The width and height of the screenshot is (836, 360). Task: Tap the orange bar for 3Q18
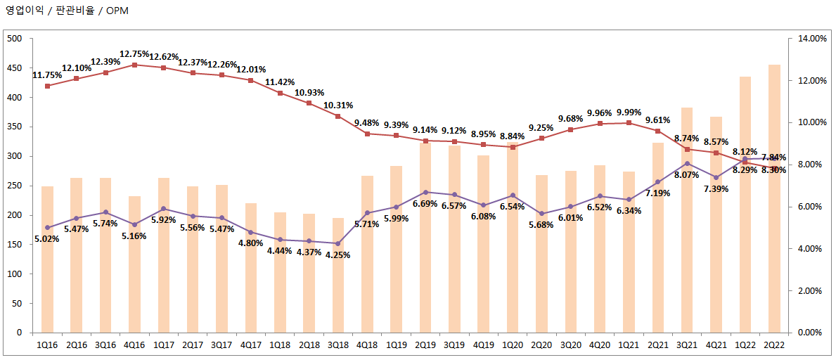pos(338,275)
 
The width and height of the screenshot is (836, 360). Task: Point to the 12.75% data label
pos(134,53)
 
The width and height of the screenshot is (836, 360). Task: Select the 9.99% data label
pos(629,112)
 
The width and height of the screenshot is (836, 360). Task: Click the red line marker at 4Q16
pos(134,65)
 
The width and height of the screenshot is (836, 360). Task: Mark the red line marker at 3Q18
pos(338,116)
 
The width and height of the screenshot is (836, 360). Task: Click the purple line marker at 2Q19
pos(425,192)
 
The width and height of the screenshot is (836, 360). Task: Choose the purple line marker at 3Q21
pos(687,163)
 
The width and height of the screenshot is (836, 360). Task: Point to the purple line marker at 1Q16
pos(48,227)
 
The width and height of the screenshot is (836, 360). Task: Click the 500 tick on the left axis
pos(15,39)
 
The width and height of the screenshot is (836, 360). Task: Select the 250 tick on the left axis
pos(15,186)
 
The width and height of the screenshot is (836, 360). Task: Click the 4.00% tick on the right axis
pos(809,248)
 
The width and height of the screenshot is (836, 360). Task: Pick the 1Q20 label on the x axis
pos(513,345)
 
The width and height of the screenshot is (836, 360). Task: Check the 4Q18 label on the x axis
pos(367,345)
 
